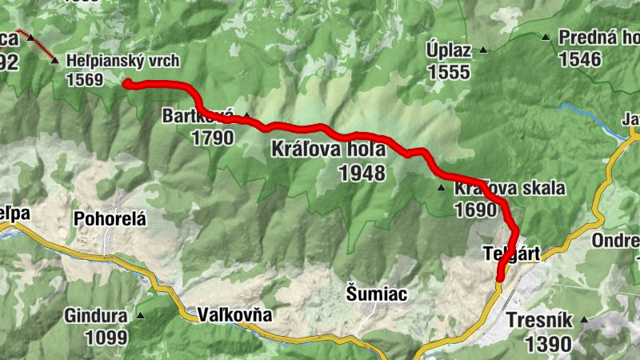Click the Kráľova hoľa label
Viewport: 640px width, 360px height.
tap(328, 149)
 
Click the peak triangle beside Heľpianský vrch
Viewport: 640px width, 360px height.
tap(54, 61)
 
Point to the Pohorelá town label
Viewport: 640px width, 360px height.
tap(111, 218)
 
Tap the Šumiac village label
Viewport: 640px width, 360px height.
tap(378, 294)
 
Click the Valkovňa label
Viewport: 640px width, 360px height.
tap(235, 315)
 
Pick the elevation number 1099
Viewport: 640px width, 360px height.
tap(106, 338)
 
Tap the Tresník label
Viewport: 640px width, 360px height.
tap(540, 321)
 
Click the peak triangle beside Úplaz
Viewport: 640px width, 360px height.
tap(483, 50)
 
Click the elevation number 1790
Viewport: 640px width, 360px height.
tap(212, 138)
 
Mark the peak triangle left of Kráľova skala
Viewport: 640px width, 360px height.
tap(441, 189)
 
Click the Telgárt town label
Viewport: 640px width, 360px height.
tap(513, 254)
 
